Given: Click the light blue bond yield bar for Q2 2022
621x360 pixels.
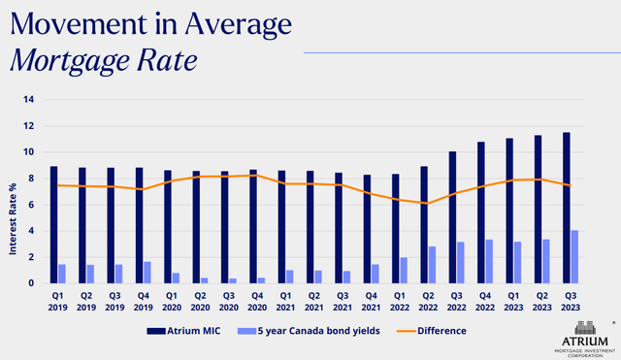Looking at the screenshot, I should click(434, 265).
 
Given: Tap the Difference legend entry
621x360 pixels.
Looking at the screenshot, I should click(441, 331).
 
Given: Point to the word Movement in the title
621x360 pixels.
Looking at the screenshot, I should click(70, 22).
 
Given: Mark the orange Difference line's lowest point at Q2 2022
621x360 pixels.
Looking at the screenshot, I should click(428, 203).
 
